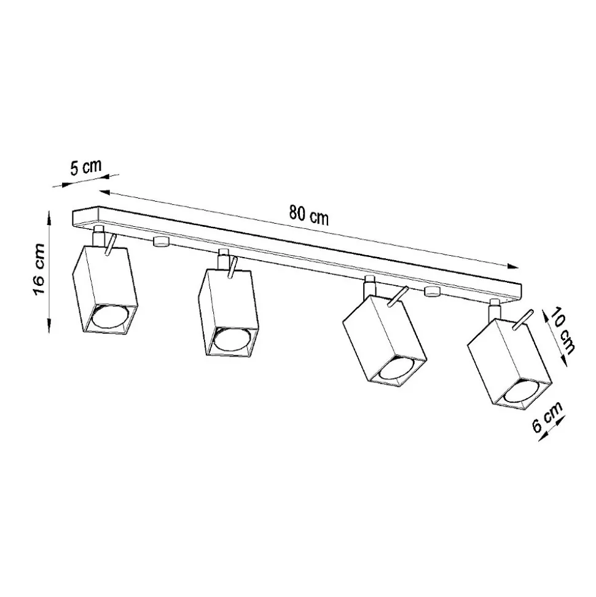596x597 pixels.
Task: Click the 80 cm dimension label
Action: tap(308, 215)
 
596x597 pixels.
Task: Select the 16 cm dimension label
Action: tap(39, 269)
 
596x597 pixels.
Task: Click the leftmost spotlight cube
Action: tap(104, 290)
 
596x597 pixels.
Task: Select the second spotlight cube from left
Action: tap(229, 312)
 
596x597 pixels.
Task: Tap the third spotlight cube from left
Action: tap(385, 339)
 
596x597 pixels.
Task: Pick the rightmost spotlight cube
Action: tap(510, 365)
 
